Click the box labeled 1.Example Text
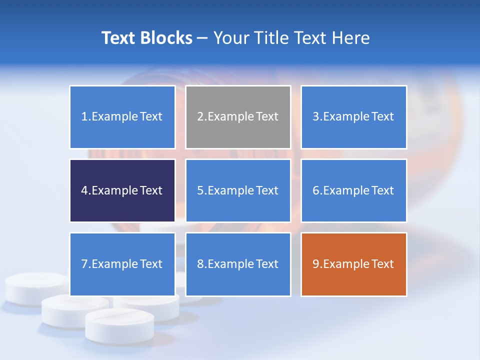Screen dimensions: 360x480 122,117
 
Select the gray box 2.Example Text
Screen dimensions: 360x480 238,117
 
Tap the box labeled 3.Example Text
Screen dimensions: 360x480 353,117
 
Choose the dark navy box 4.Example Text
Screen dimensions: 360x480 122,190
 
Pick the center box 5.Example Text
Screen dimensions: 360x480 238,190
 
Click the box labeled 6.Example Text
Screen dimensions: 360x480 353,190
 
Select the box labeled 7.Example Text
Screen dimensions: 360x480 122,264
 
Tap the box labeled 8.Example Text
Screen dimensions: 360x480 238,264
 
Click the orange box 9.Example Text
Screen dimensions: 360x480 353,264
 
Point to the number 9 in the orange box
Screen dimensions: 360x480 316,264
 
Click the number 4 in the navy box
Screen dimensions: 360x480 84,190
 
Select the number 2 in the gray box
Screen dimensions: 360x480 200,117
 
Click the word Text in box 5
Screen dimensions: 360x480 267,190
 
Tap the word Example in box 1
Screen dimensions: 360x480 114,117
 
